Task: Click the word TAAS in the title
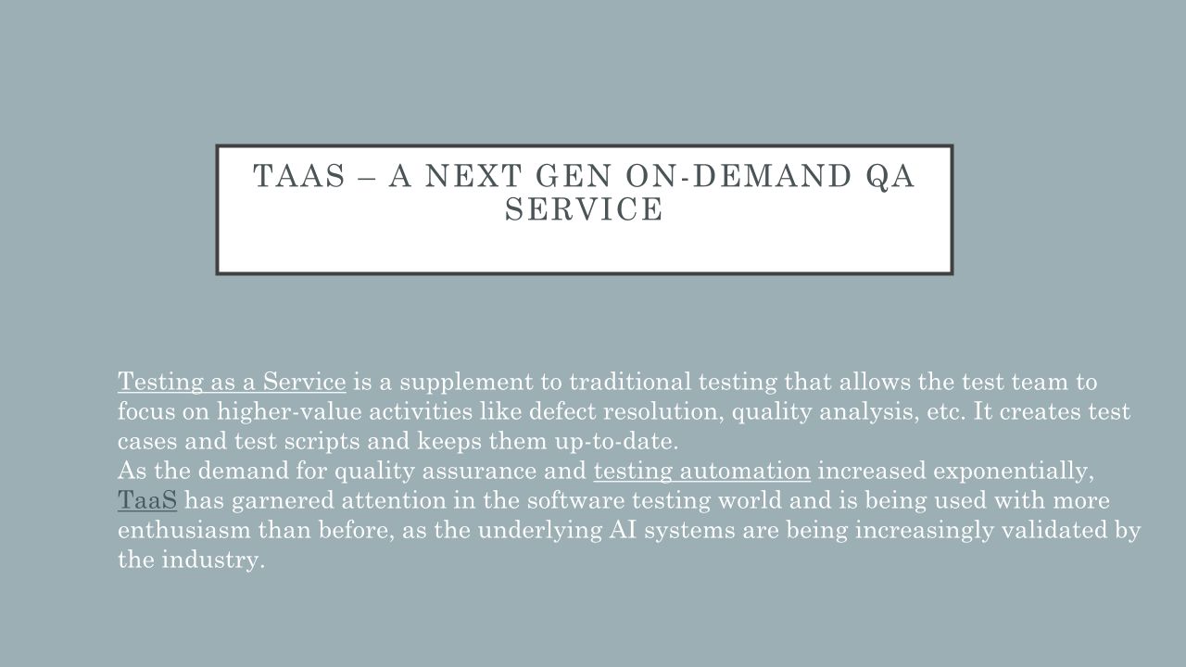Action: pyautogui.click(x=299, y=176)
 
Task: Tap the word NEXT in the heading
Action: pyautogui.click(x=473, y=176)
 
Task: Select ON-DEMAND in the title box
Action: pyautogui.click(x=738, y=176)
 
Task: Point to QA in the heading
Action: pyautogui.click(x=890, y=177)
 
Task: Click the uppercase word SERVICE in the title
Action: pyautogui.click(x=584, y=208)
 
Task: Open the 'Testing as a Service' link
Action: pyautogui.click(x=232, y=383)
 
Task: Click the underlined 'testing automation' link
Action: pyautogui.click(x=701, y=472)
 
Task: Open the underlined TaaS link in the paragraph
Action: pyautogui.click(x=147, y=500)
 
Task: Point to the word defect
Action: pyautogui.click(x=562, y=411)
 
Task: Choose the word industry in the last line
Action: pyautogui.click(x=213, y=560)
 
